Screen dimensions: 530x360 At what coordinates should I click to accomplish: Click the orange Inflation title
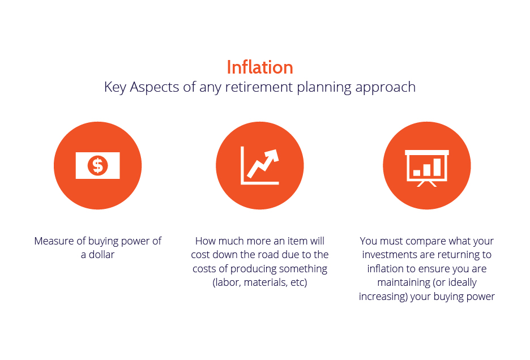[259, 67]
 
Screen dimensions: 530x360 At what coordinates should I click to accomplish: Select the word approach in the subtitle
[385, 88]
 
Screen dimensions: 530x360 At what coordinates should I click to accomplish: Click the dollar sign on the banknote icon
[98, 166]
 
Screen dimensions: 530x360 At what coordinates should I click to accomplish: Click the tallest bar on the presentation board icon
[437, 167]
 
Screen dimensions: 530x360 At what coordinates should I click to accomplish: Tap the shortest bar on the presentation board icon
[417, 173]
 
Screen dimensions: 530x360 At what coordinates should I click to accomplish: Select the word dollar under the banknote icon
[101, 255]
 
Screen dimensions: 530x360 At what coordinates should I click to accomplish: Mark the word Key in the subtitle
[115, 87]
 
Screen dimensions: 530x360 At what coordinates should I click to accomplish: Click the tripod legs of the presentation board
[426, 184]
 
